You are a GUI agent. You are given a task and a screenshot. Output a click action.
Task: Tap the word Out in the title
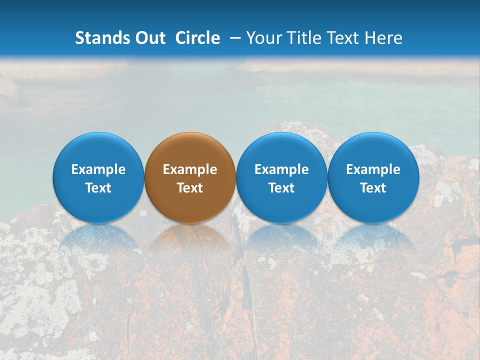pos(149,38)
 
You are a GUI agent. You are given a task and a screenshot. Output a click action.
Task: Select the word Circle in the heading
pos(197,38)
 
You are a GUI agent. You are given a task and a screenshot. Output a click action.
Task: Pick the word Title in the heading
pos(304,38)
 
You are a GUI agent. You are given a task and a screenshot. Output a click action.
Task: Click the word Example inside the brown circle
pos(190,169)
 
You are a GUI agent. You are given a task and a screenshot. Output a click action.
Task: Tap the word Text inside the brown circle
pos(190,188)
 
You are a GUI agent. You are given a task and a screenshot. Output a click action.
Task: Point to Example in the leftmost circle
pos(98,169)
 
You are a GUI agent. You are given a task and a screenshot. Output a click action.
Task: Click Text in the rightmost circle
pos(373,188)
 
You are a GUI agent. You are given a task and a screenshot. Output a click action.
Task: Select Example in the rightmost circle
pos(373,169)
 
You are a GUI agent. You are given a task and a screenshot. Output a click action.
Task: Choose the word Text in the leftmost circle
pos(98,188)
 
